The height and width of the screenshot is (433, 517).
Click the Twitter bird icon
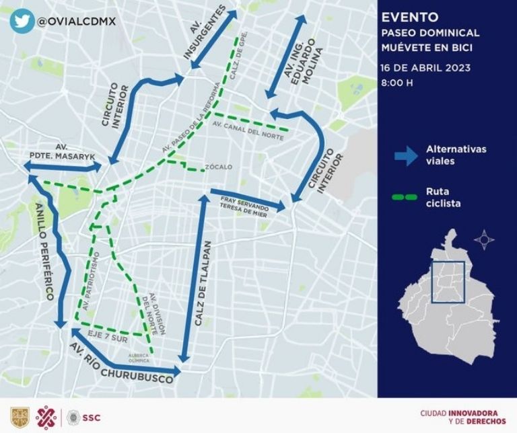[x=22, y=21]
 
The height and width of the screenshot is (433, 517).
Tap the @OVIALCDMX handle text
[x=76, y=21]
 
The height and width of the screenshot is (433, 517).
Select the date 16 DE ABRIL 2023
[x=425, y=67]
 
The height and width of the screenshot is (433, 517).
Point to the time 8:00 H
[x=397, y=83]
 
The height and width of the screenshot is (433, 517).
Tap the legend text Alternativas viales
[x=456, y=155]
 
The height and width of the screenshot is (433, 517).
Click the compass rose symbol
[x=484, y=239]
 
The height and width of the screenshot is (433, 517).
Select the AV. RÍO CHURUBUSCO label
[x=121, y=363]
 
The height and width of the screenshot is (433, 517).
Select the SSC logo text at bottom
[x=91, y=418]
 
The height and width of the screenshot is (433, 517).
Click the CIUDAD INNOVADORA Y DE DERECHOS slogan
[x=462, y=417]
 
